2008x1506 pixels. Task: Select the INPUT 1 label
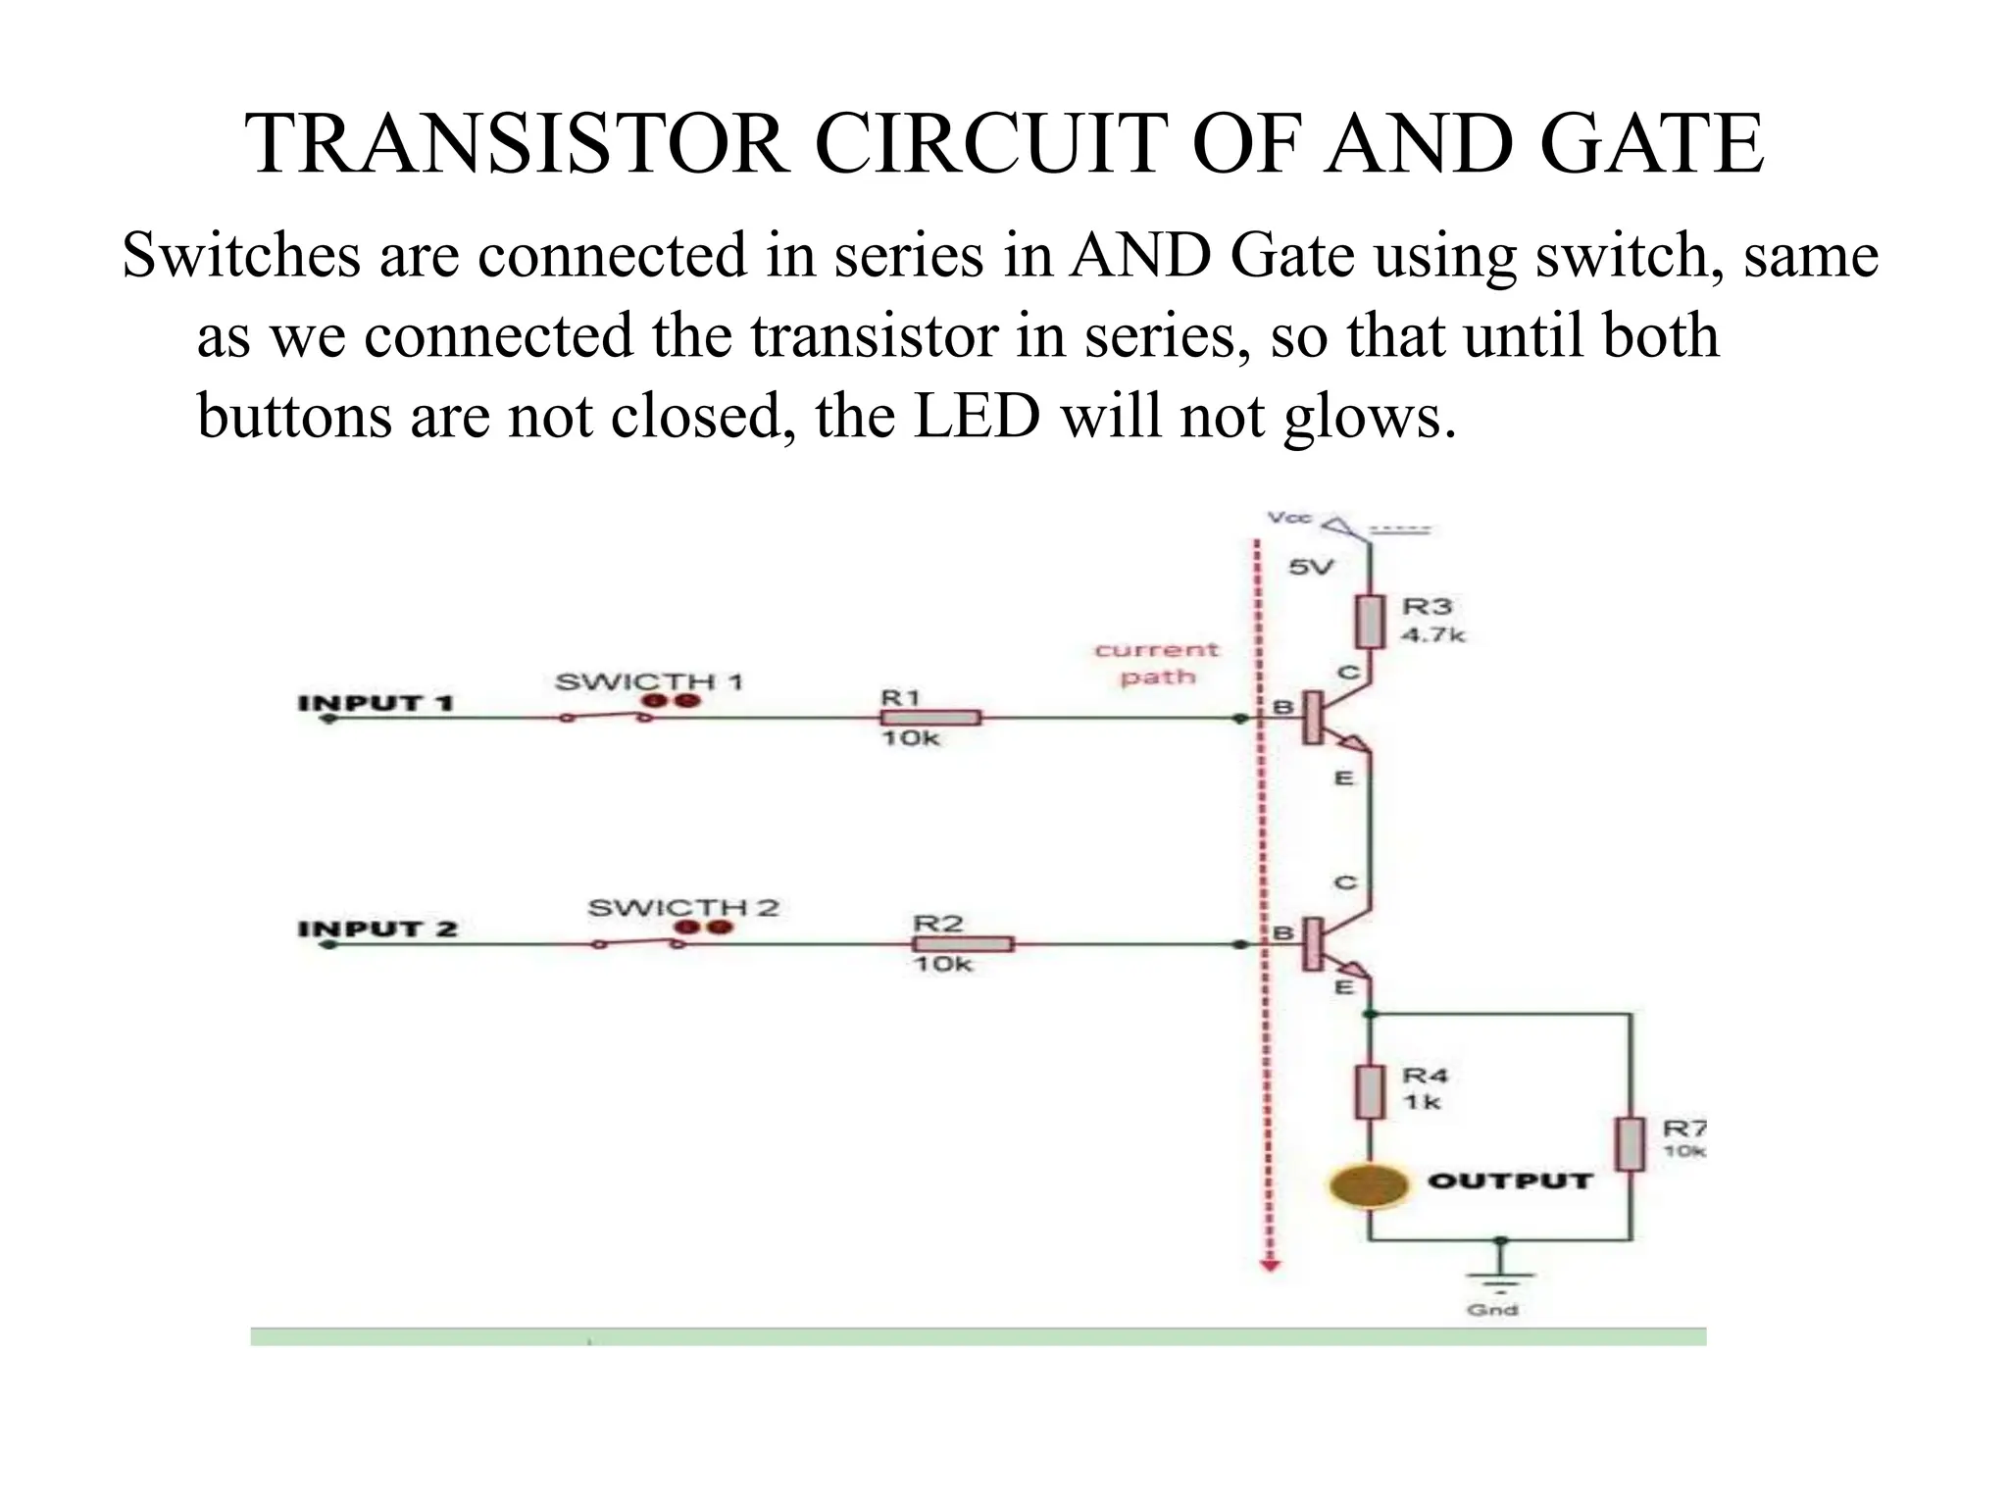376,702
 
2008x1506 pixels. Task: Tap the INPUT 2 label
377,928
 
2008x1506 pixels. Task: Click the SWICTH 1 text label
649,681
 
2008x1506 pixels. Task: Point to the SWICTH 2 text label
682,908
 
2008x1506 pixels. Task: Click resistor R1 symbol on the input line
930,718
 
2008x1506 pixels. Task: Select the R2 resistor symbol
963,944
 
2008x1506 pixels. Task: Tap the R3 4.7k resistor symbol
1370,622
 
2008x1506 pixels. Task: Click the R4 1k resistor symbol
1370,1092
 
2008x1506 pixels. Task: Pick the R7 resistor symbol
1630,1144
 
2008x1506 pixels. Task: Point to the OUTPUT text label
1509,1180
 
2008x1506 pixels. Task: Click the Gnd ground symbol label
1491,1310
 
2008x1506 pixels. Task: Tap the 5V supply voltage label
1311,567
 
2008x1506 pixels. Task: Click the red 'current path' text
1157,663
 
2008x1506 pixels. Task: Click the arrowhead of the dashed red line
1271,1266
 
